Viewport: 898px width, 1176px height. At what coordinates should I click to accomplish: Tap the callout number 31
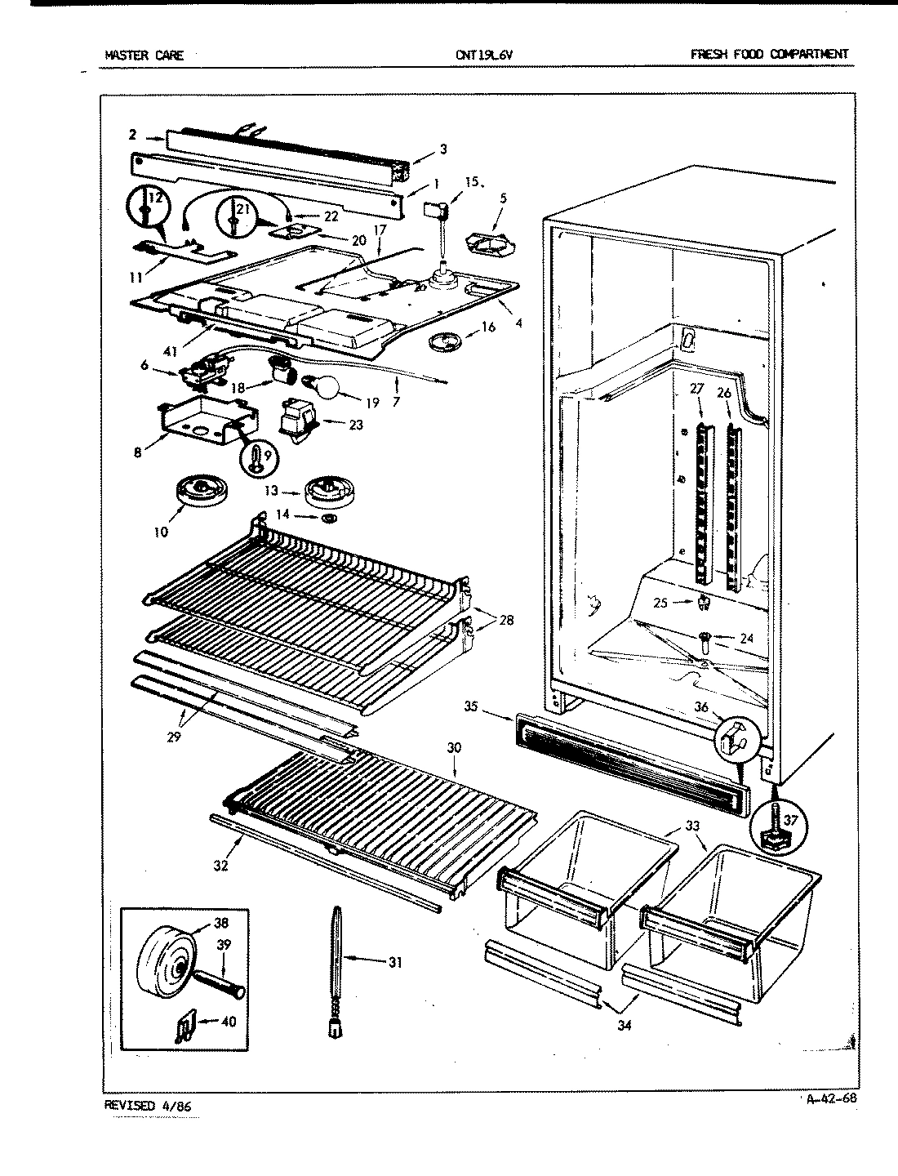point(394,962)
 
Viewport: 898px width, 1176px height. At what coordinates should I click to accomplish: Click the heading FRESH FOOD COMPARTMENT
point(769,55)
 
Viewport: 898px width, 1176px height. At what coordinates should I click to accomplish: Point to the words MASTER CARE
point(144,56)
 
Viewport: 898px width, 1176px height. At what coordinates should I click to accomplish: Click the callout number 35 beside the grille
point(471,706)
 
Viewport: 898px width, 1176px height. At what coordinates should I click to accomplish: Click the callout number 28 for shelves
point(505,621)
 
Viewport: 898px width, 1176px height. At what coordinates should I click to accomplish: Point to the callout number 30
point(454,746)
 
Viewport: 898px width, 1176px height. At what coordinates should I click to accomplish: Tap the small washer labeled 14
point(330,519)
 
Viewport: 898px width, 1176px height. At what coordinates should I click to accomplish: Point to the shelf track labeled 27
point(700,506)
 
